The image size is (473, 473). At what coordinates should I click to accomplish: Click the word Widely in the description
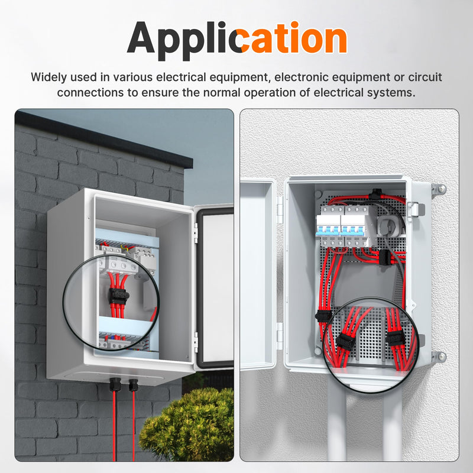(48, 77)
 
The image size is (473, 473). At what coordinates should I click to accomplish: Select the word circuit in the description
(425, 77)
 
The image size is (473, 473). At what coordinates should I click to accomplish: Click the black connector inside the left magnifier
(119, 296)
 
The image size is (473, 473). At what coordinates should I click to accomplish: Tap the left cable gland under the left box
(115, 384)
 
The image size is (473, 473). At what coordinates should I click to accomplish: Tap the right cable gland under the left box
(134, 385)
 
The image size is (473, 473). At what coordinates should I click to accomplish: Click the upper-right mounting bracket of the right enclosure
(439, 190)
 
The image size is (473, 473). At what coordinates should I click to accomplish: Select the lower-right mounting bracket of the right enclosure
(439, 357)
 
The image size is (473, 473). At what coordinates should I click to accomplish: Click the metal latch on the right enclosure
(416, 209)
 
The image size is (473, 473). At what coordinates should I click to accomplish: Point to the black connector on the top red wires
(375, 195)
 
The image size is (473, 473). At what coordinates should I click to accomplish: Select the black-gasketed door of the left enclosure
(214, 287)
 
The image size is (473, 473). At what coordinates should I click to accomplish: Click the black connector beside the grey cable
(383, 257)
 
